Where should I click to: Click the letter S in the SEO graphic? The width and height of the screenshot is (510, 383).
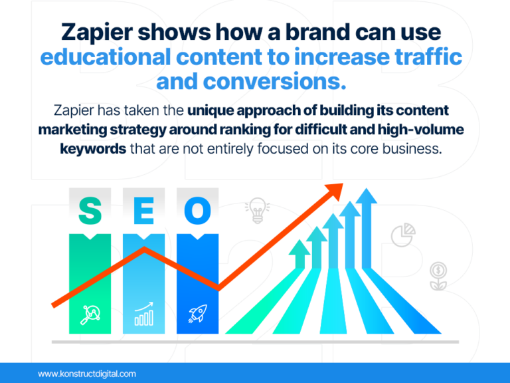(x=90, y=211)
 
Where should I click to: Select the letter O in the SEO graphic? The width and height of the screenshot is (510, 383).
(x=197, y=211)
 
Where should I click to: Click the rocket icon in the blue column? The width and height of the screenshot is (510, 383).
(x=197, y=313)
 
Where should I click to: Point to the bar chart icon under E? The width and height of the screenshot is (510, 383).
(x=143, y=315)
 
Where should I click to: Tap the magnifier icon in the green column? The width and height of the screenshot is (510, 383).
(x=90, y=313)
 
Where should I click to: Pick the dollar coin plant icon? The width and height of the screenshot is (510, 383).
(x=437, y=276)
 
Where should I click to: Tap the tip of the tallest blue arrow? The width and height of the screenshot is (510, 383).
(x=364, y=197)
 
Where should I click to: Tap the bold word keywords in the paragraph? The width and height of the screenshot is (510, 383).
(x=93, y=148)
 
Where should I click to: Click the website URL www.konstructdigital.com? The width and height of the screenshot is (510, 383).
(x=87, y=374)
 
